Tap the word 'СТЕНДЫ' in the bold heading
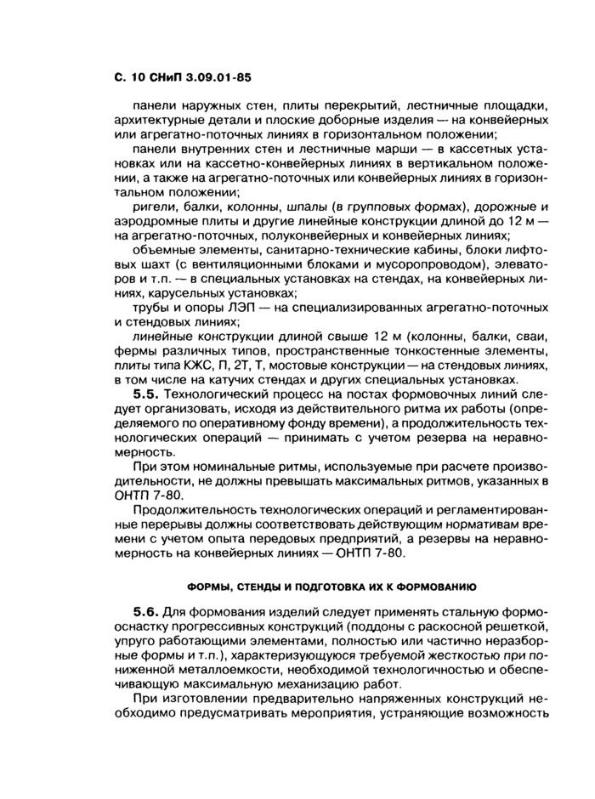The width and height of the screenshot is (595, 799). click(255, 586)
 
